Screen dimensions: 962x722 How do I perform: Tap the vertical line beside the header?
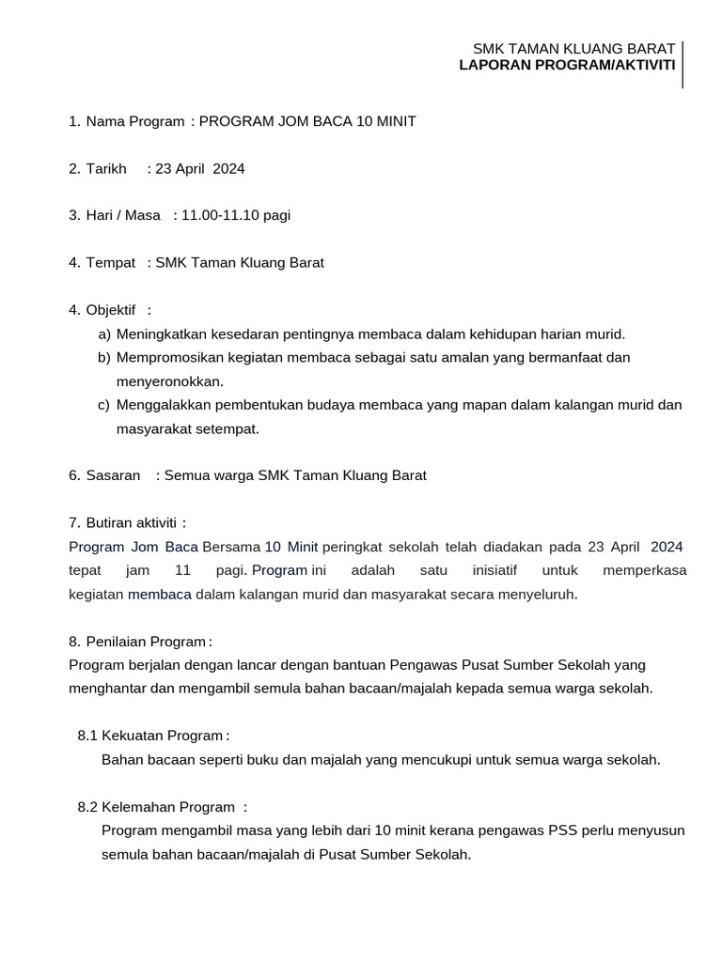point(683,64)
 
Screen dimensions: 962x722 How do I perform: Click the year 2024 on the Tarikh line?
point(228,168)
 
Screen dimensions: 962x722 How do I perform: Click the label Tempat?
point(111,262)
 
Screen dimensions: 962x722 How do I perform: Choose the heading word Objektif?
point(111,310)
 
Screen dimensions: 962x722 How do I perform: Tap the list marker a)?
point(104,334)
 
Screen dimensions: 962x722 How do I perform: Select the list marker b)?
point(104,357)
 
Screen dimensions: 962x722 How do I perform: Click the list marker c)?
point(104,405)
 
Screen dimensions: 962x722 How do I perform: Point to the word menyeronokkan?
point(169,381)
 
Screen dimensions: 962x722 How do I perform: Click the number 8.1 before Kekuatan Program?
point(88,736)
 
